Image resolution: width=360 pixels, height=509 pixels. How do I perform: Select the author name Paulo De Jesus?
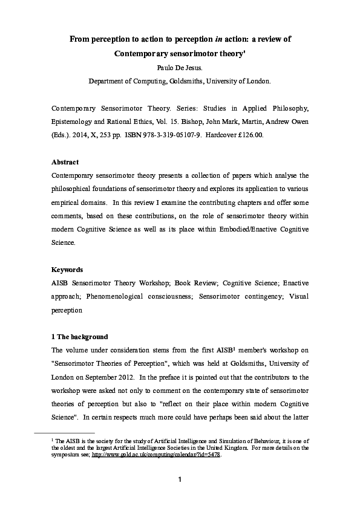click(x=180, y=67)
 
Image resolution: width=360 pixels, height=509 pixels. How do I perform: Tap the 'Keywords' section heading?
click(x=67, y=270)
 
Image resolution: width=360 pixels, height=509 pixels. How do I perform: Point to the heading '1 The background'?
click(x=80, y=337)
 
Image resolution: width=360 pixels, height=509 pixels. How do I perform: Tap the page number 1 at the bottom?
click(x=180, y=481)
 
